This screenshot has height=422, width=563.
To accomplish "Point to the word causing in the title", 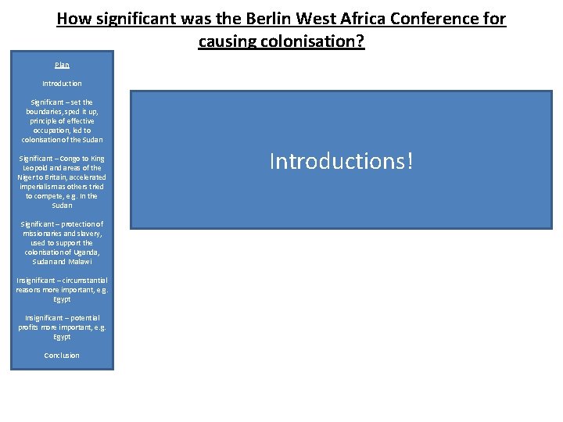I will pos(228,41).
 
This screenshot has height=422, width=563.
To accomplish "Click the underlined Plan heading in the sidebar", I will pos(62,65).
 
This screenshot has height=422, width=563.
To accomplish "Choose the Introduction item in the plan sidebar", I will pos(62,84).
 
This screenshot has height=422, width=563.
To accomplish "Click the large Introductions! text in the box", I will pos(340,161).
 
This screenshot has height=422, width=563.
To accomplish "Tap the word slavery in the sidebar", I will pos(87,234).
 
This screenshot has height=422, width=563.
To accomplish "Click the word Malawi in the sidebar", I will pos(79,262).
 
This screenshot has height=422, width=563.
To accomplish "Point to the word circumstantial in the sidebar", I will pos(82,281).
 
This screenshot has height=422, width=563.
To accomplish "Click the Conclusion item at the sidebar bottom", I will pos(62,356).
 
